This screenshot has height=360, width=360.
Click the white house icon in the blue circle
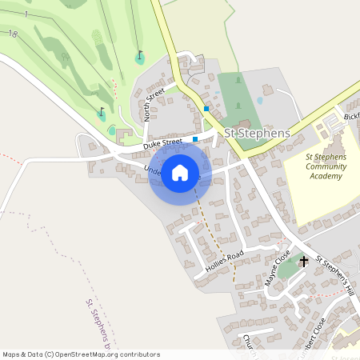[x=180, y=172]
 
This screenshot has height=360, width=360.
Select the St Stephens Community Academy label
[x=326, y=166]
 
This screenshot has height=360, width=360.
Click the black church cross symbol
[x=303, y=261]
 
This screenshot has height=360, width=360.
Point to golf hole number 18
[x=12, y=34]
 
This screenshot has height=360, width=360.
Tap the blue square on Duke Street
[x=195, y=139]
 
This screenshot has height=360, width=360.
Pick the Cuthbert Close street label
[x=308, y=333]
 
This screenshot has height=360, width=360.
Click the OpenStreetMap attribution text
[x=80, y=354]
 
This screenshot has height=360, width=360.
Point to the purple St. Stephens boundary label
[x=95, y=324]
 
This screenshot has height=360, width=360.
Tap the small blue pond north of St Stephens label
[x=259, y=101]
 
